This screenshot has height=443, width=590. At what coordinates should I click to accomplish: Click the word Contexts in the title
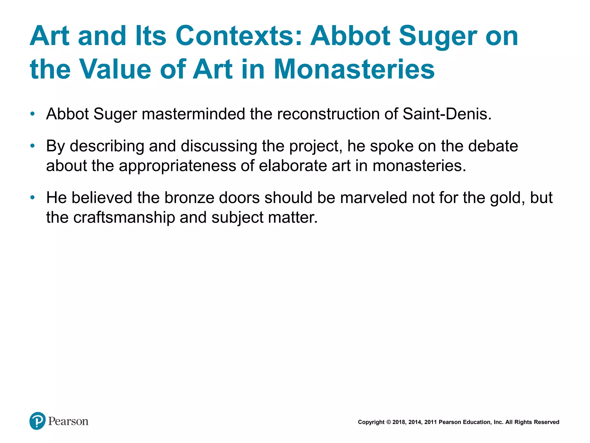coord(239,36)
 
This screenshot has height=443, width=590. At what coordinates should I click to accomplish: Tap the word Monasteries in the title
coord(354,69)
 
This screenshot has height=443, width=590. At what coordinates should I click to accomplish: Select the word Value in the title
coord(115,69)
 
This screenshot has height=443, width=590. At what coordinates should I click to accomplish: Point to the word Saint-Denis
coord(447,114)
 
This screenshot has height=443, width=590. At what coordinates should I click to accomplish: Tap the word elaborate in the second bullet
coord(293,166)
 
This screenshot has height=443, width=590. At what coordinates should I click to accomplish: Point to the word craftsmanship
coord(124,217)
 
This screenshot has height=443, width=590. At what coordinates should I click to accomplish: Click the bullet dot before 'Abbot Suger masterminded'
coord(33,114)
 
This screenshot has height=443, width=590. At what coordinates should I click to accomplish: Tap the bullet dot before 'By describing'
coord(33,146)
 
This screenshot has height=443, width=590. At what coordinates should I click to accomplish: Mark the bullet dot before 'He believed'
coord(33,198)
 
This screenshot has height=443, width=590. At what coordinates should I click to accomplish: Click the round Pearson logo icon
coord(37,421)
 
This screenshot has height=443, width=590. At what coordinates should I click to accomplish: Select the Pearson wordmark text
coord(68,421)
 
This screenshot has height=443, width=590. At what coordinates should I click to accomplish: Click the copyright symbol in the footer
coord(388,422)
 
